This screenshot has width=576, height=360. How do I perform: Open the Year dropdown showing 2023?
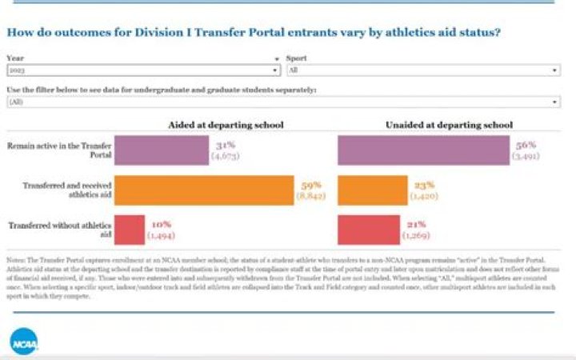click(144, 71)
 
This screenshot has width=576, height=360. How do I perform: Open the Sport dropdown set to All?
click(422, 71)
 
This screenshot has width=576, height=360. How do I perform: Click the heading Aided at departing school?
click(226, 125)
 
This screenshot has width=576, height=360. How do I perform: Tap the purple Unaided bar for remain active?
click(423, 150)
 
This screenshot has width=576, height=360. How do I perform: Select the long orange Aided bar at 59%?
click(204, 190)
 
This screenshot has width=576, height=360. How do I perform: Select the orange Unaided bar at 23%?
click(372, 190)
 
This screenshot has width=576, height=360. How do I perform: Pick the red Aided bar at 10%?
click(130, 230)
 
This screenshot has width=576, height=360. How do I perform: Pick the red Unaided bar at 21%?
click(370, 230)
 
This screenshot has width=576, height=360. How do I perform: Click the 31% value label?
click(224, 145)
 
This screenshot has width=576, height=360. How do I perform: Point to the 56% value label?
click(526, 145)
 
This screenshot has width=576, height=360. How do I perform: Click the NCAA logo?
click(22, 342)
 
